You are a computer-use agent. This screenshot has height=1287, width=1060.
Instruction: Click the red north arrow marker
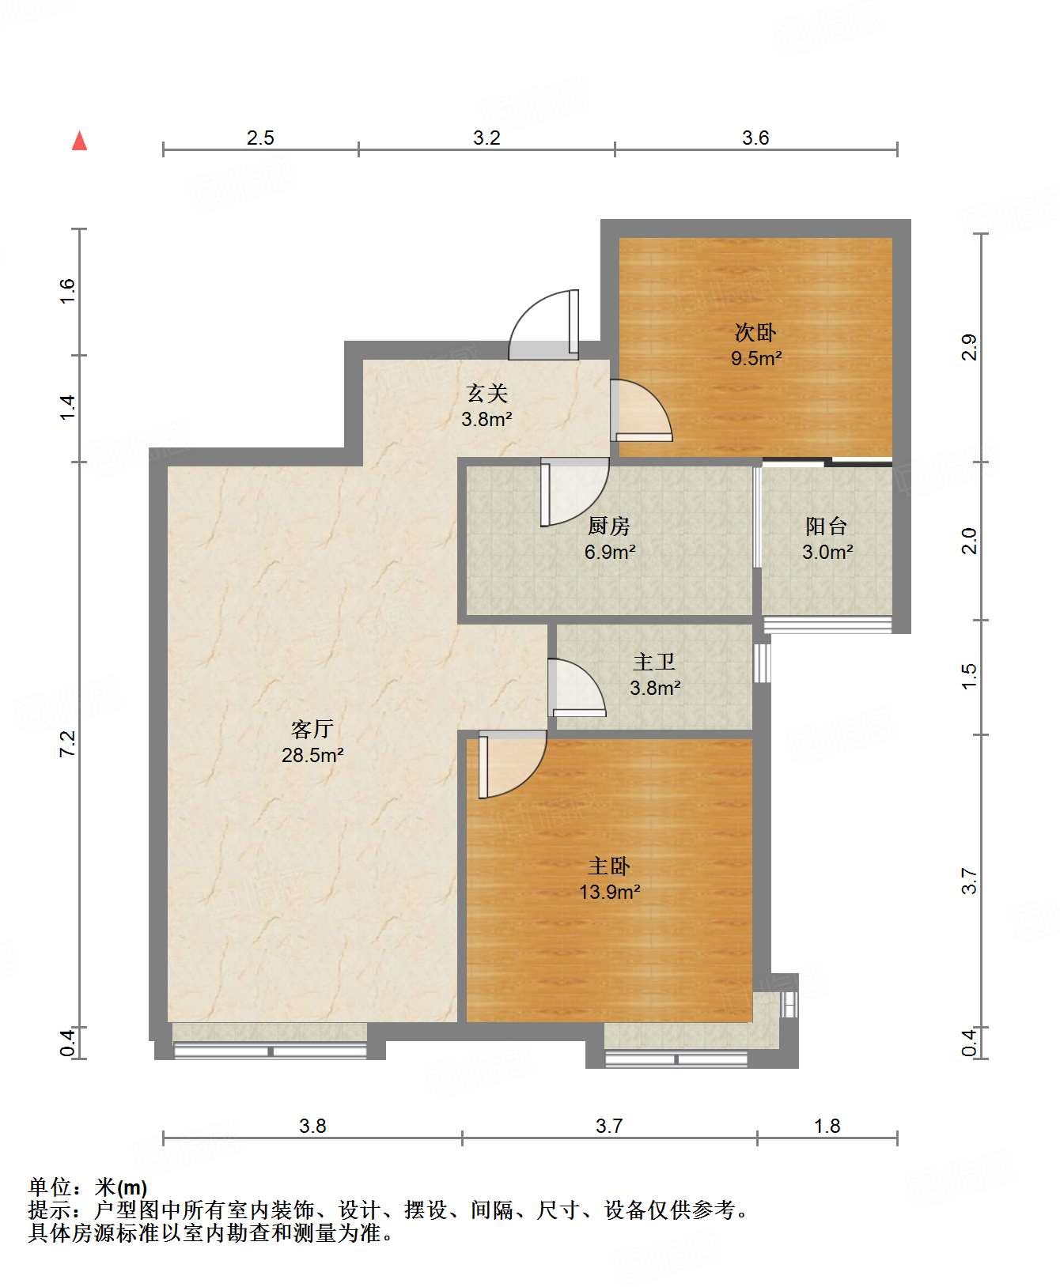click(x=79, y=141)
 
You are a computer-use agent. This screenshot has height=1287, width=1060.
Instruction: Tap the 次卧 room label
click(x=755, y=332)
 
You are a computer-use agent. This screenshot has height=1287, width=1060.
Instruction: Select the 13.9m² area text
click(x=609, y=893)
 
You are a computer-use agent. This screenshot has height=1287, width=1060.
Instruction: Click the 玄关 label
click(x=486, y=393)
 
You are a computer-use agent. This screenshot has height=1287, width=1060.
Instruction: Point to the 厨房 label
click(x=609, y=526)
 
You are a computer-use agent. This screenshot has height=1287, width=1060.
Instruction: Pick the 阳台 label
click(x=827, y=526)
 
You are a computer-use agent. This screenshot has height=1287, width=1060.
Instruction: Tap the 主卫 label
click(x=654, y=662)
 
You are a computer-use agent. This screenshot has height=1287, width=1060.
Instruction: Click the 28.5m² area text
click(x=312, y=756)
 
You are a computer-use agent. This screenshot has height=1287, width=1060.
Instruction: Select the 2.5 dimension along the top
click(x=260, y=138)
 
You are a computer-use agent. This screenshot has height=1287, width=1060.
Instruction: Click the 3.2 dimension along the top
click(x=486, y=138)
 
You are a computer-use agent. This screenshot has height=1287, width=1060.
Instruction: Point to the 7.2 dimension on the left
click(x=68, y=744)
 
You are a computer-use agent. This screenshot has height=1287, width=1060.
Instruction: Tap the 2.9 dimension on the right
click(x=970, y=348)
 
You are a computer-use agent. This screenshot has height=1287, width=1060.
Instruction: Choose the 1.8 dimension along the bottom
click(x=827, y=1126)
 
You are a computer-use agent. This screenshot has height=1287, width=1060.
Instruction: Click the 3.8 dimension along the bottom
click(x=312, y=1126)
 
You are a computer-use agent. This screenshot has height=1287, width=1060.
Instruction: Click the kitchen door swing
click(x=575, y=493)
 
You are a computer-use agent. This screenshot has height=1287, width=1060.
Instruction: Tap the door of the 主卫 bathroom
click(x=577, y=688)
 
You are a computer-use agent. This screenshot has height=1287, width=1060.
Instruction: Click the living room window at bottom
click(x=270, y=1051)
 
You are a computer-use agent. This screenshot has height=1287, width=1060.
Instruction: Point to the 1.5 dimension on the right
click(x=970, y=677)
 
